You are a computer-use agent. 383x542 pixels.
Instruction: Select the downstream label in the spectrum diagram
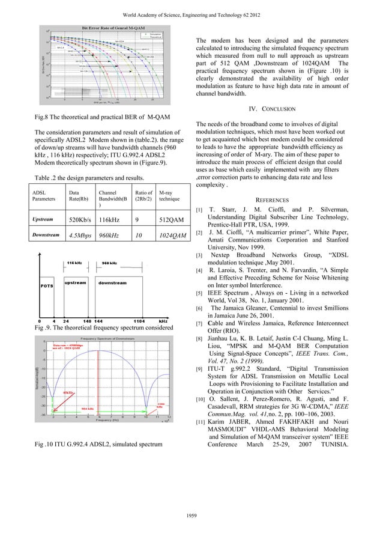112,282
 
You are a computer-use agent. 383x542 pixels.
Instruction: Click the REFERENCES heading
276,199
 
